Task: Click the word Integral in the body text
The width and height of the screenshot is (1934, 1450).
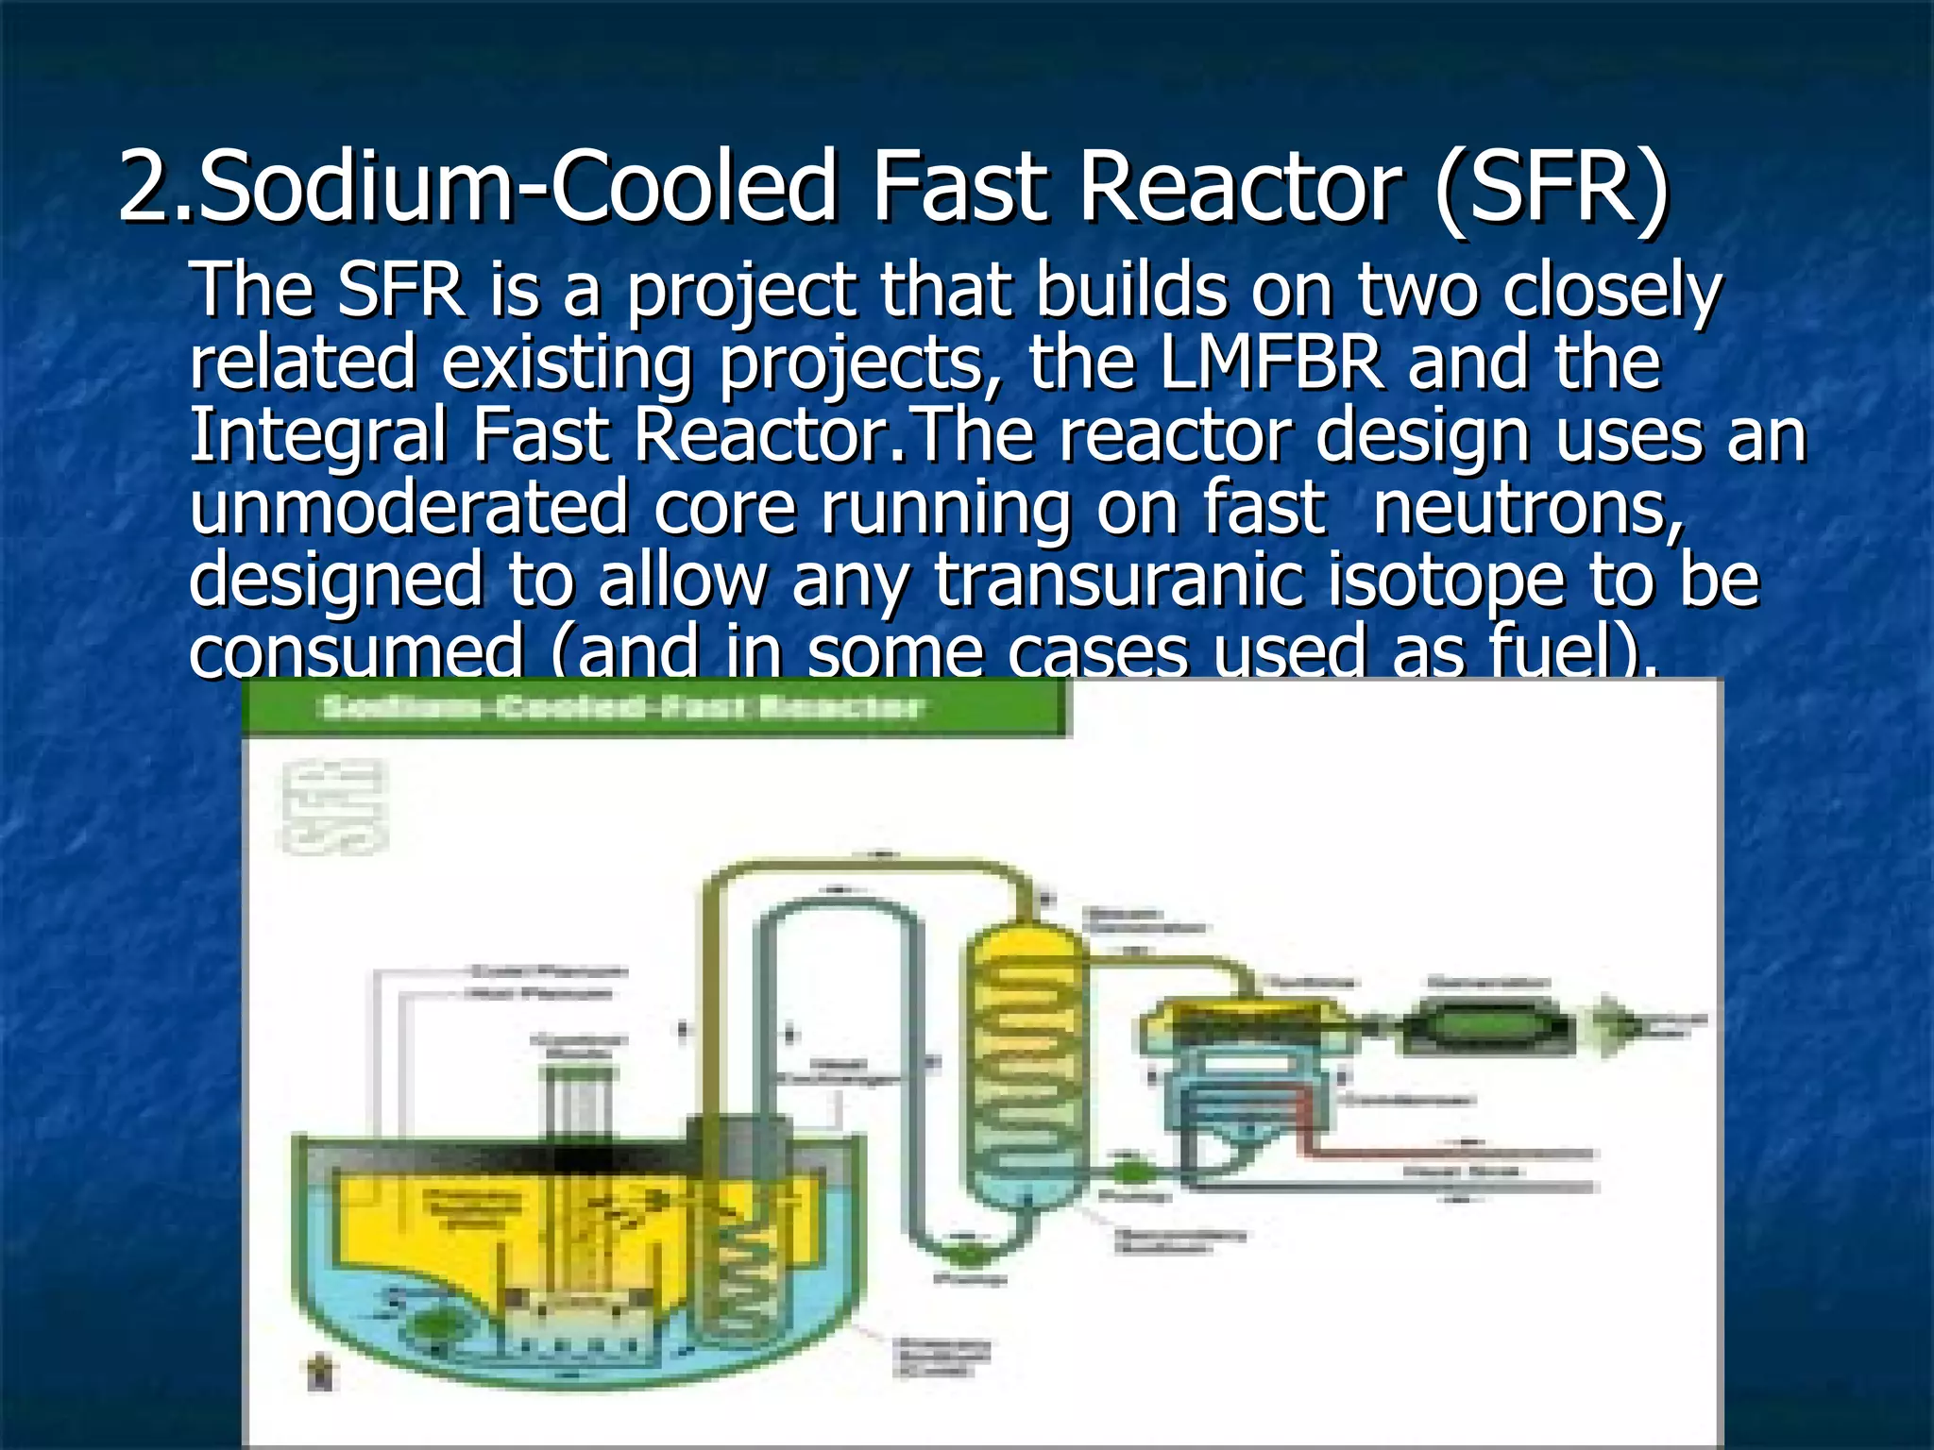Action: click(317, 435)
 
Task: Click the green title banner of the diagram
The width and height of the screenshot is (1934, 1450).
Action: click(655, 708)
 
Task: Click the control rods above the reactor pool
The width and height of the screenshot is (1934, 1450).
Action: click(578, 1100)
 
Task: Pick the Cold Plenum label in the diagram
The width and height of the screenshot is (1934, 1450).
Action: click(548, 970)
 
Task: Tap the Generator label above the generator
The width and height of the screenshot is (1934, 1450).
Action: click(1486, 983)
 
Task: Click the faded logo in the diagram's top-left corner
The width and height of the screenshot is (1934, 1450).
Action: click(335, 807)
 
